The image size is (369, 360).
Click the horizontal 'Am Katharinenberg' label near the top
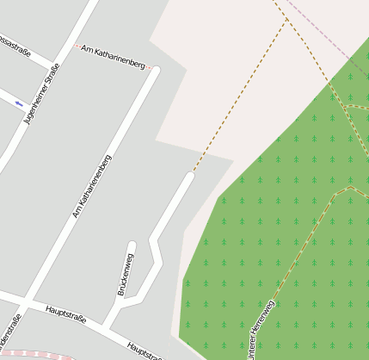tap(113, 53)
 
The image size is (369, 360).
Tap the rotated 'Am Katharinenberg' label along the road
tap(92, 186)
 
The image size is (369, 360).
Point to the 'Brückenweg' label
tap(125, 275)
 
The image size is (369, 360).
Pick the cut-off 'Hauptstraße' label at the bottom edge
tap(144, 351)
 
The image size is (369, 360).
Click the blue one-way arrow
tap(19, 104)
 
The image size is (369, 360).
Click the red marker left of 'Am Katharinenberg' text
tap(76, 46)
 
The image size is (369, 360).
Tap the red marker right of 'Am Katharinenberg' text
tap(150, 66)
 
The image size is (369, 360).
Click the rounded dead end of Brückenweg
tap(132, 245)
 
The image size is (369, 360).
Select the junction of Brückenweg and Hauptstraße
tap(107, 325)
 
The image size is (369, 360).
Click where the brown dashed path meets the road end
tap(191, 174)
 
